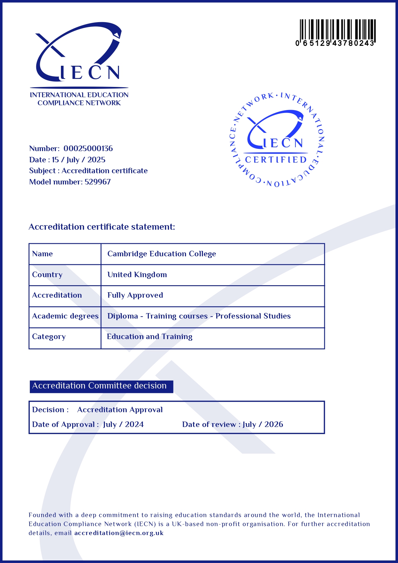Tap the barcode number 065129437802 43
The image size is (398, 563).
pos(335,43)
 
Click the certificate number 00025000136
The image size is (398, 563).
pos(88,149)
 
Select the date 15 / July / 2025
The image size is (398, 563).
pos(79,160)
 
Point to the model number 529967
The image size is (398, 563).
pos(98,182)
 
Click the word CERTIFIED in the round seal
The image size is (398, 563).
pos(276,160)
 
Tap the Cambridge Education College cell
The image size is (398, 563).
pos(162,254)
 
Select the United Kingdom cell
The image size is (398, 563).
pos(137,275)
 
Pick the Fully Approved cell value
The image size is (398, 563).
pos(135,295)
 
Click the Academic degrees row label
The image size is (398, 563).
pos(65,316)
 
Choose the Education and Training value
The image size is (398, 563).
pos(149,337)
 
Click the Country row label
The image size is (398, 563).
pos(47,275)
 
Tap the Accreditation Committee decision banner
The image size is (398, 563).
pos(101,386)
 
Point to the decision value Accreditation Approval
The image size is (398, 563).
pos(120,410)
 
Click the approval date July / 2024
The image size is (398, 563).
pos(123,424)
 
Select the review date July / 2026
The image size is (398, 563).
pos(263,424)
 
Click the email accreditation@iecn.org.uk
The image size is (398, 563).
pos(119,533)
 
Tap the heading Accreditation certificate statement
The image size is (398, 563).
pos(102,227)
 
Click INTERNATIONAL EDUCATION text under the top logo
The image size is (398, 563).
pos(79,95)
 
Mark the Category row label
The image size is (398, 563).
pos(49,337)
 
